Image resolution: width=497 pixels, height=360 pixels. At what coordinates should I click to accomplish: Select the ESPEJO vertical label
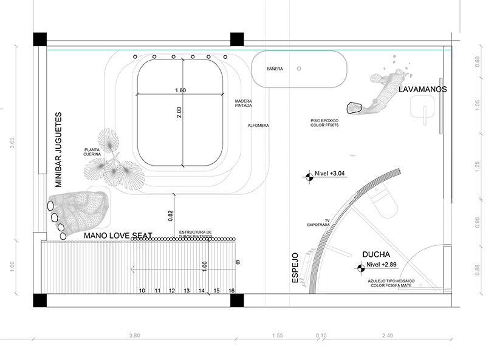[x=296, y=268]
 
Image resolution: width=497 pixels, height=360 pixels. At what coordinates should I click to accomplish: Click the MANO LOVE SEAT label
[x=117, y=236]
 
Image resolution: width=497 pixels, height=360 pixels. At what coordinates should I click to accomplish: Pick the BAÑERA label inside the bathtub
[x=275, y=69]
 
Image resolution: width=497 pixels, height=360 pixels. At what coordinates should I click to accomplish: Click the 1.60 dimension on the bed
[x=180, y=90]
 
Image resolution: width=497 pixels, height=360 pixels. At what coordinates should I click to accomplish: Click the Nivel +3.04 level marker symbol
[x=308, y=177]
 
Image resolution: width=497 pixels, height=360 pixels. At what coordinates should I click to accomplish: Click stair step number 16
[x=231, y=291]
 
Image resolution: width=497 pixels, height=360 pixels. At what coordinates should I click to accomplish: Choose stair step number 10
[x=142, y=291]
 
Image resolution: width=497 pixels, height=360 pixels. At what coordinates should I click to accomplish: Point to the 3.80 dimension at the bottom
[x=135, y=335]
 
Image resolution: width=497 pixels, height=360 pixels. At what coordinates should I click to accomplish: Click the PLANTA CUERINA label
[x=92, y=152]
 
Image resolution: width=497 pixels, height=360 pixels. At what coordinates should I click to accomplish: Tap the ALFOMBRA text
[x=258, y=126]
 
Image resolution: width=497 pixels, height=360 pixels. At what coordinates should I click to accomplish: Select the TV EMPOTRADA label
[x=318, y=222]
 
